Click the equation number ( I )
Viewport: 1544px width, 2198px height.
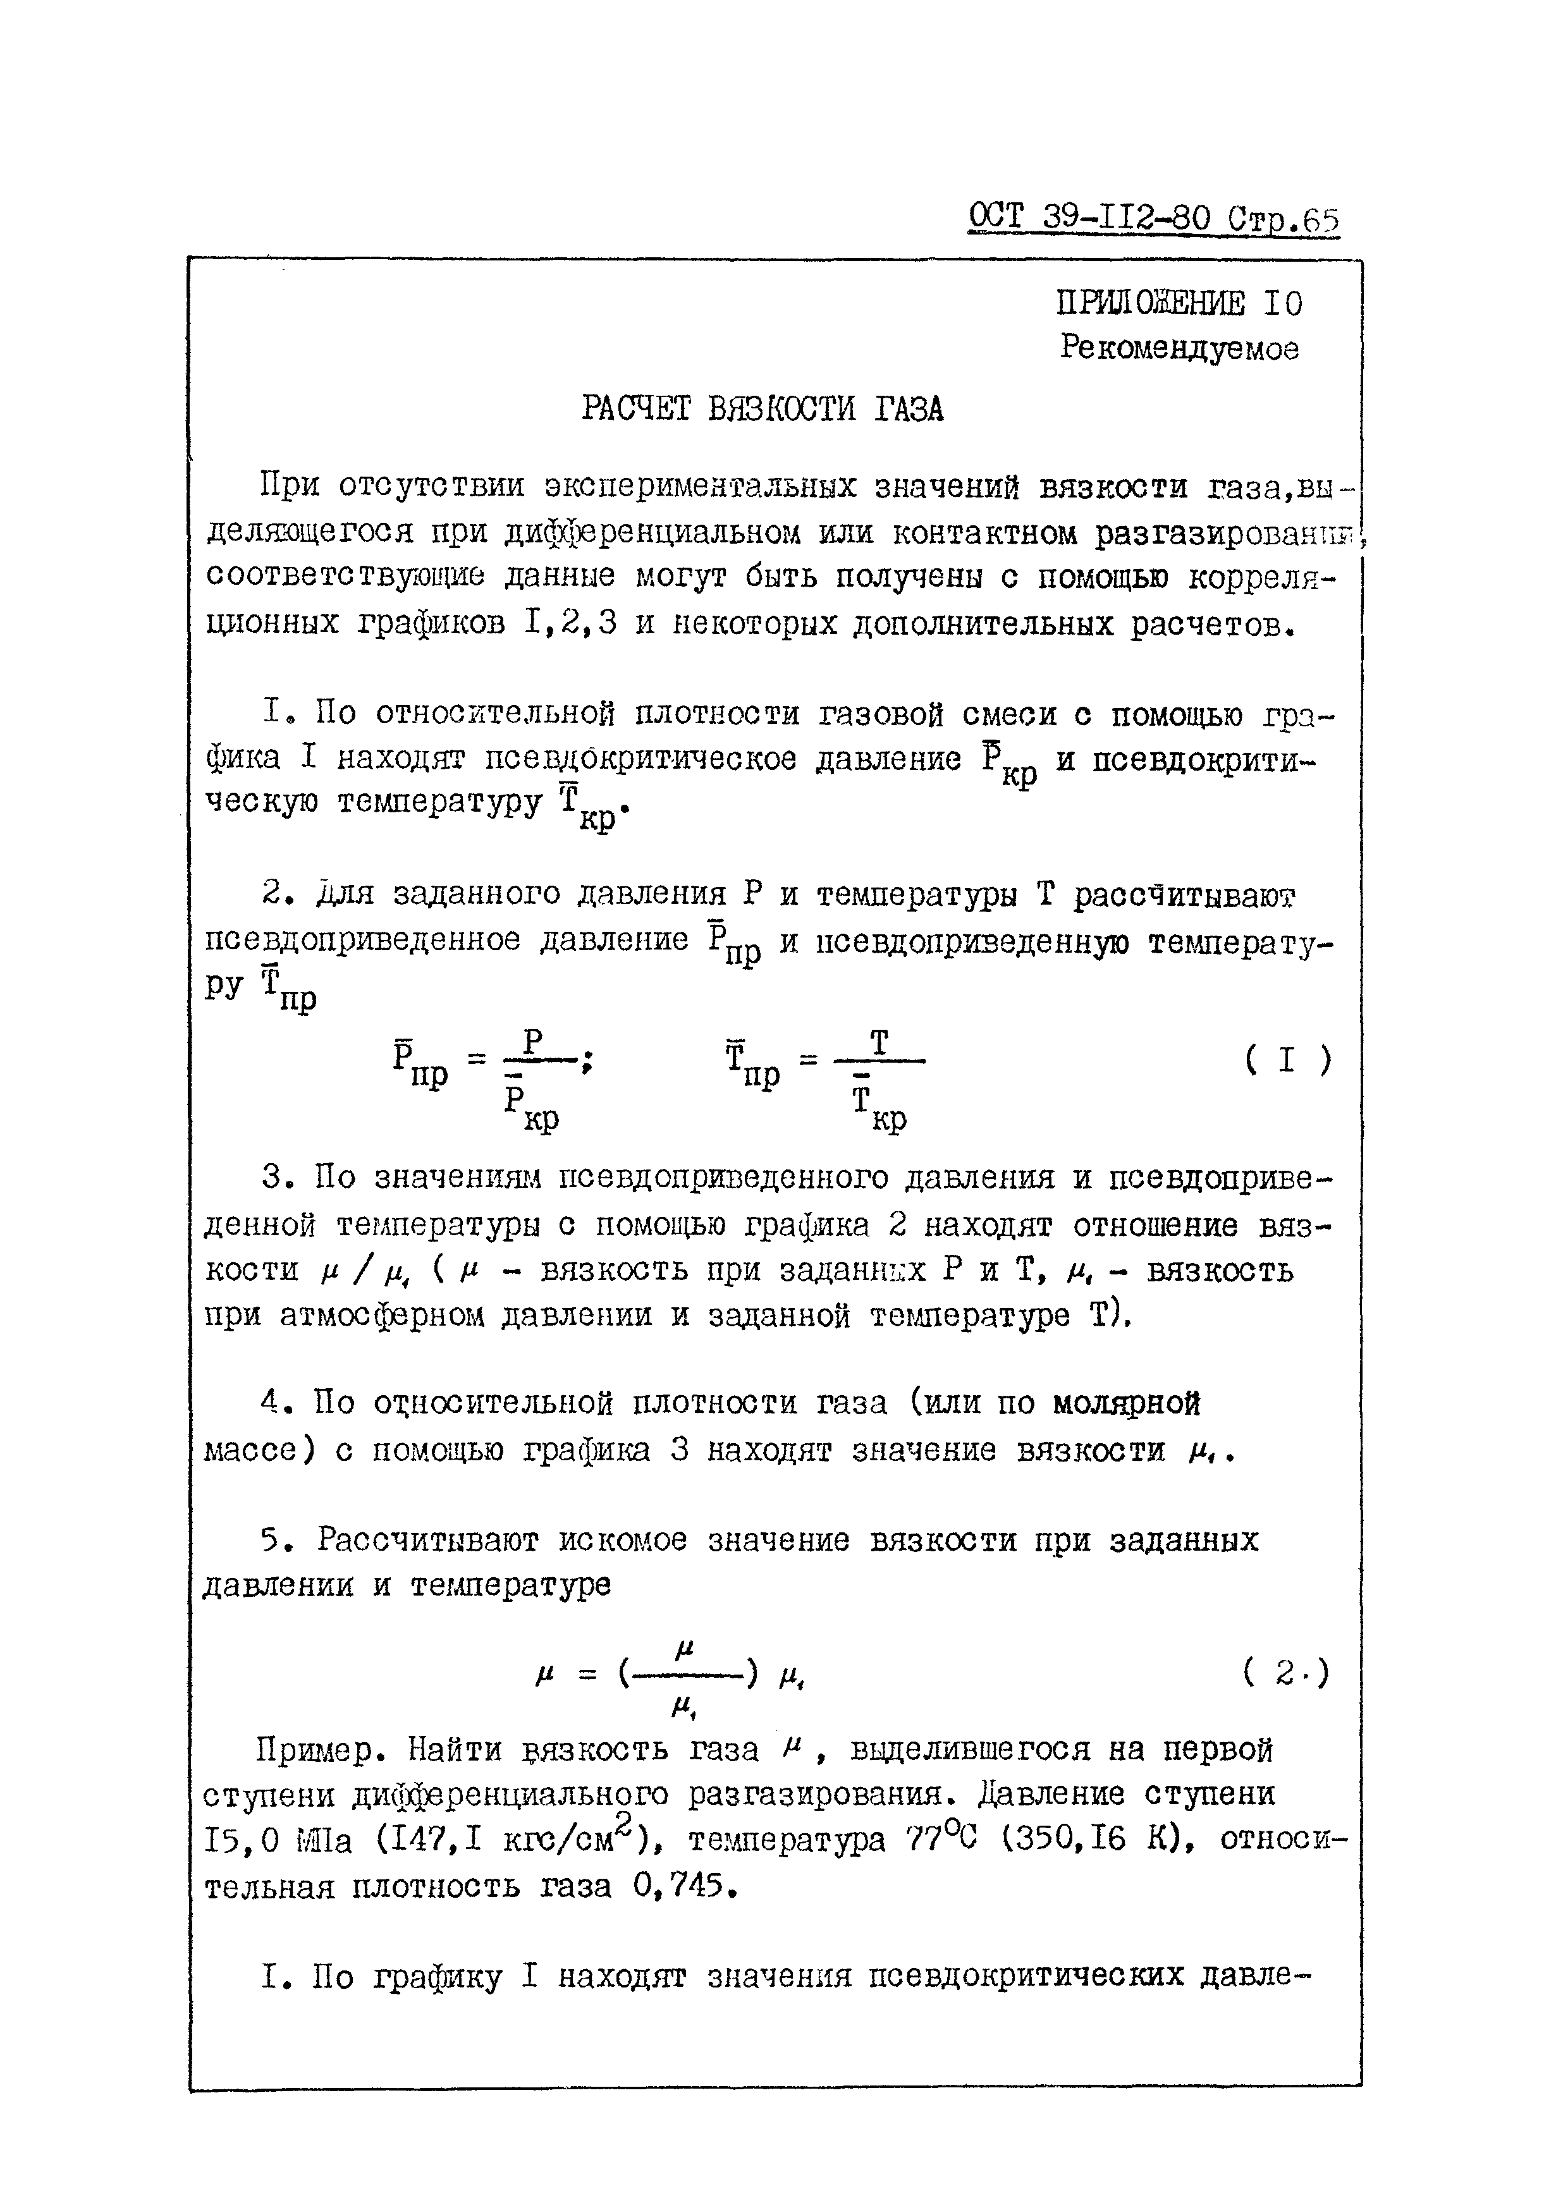pos(1287,1061)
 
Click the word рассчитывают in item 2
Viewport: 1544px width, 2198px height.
pos(1183,895)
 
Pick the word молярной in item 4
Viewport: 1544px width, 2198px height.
pos(1127,1403)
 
